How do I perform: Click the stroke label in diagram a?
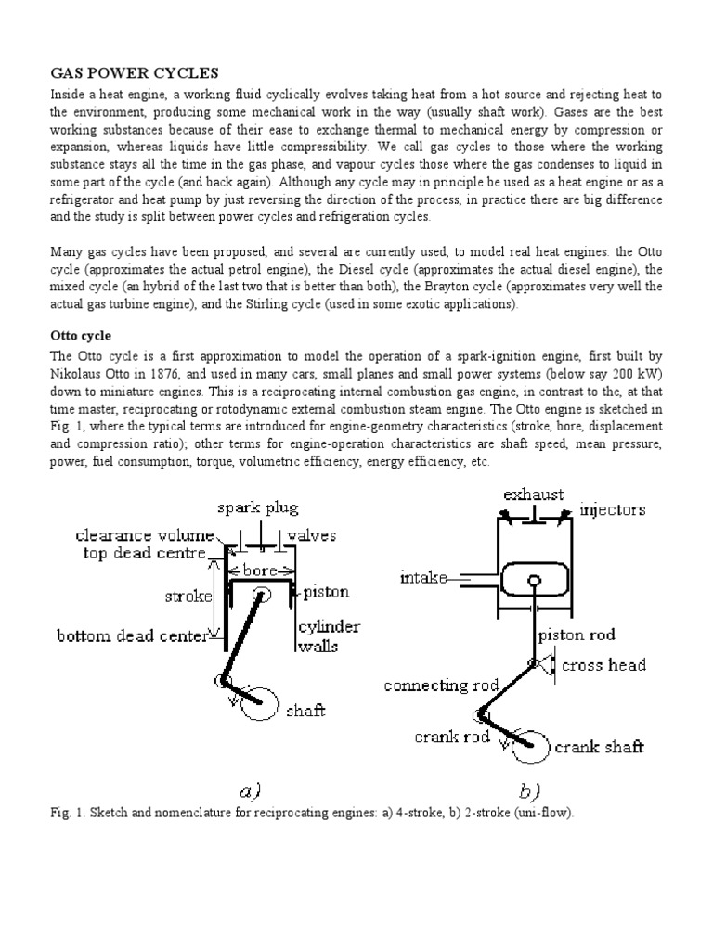click(189, 596)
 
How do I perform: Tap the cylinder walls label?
click(328, 635)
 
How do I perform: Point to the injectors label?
click(613, 510)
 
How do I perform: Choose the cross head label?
click(604, 665)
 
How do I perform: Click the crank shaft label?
click(600, 747)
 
